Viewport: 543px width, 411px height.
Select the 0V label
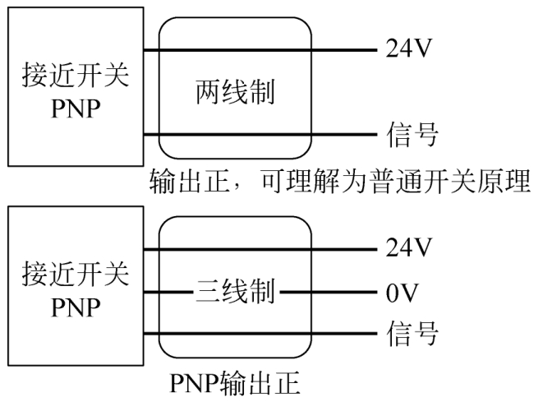[x=403, y=291]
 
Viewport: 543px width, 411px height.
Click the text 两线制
[x=235, y=93]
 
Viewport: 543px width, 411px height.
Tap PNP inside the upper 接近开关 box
[x=75, y=110]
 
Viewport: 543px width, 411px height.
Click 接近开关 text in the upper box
[x=75, y=76]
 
